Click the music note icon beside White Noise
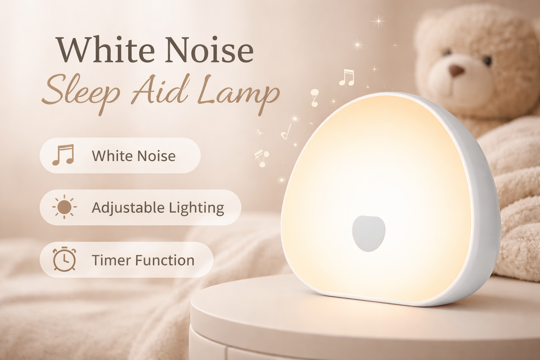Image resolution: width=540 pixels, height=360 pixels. [63, 155]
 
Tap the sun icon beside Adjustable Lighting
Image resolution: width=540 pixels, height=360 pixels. [64, 207]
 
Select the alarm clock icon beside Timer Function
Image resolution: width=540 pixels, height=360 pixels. [64, 259]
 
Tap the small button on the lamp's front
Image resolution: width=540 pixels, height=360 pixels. [368, 233]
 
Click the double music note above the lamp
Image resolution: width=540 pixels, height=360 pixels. [346, 77]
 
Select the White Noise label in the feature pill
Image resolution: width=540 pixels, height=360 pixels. [133, 156]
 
